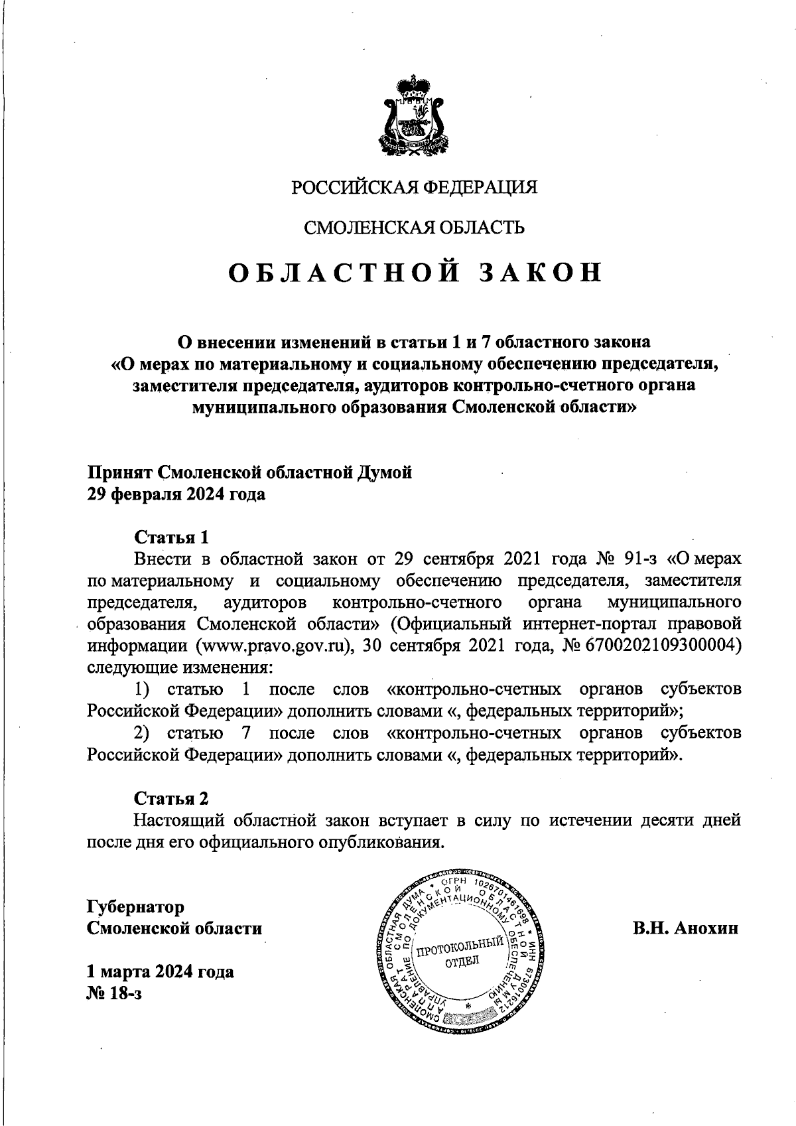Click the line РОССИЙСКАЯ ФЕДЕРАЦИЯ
click(x=415, y=188)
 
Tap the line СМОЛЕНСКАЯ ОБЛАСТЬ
click(x=415, y=228)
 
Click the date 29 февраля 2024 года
click(x=176, y=495)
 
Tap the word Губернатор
click(x=136, y=906)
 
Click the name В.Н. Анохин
click(x=685, y=928)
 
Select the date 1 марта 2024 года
click(x=161, y=972)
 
